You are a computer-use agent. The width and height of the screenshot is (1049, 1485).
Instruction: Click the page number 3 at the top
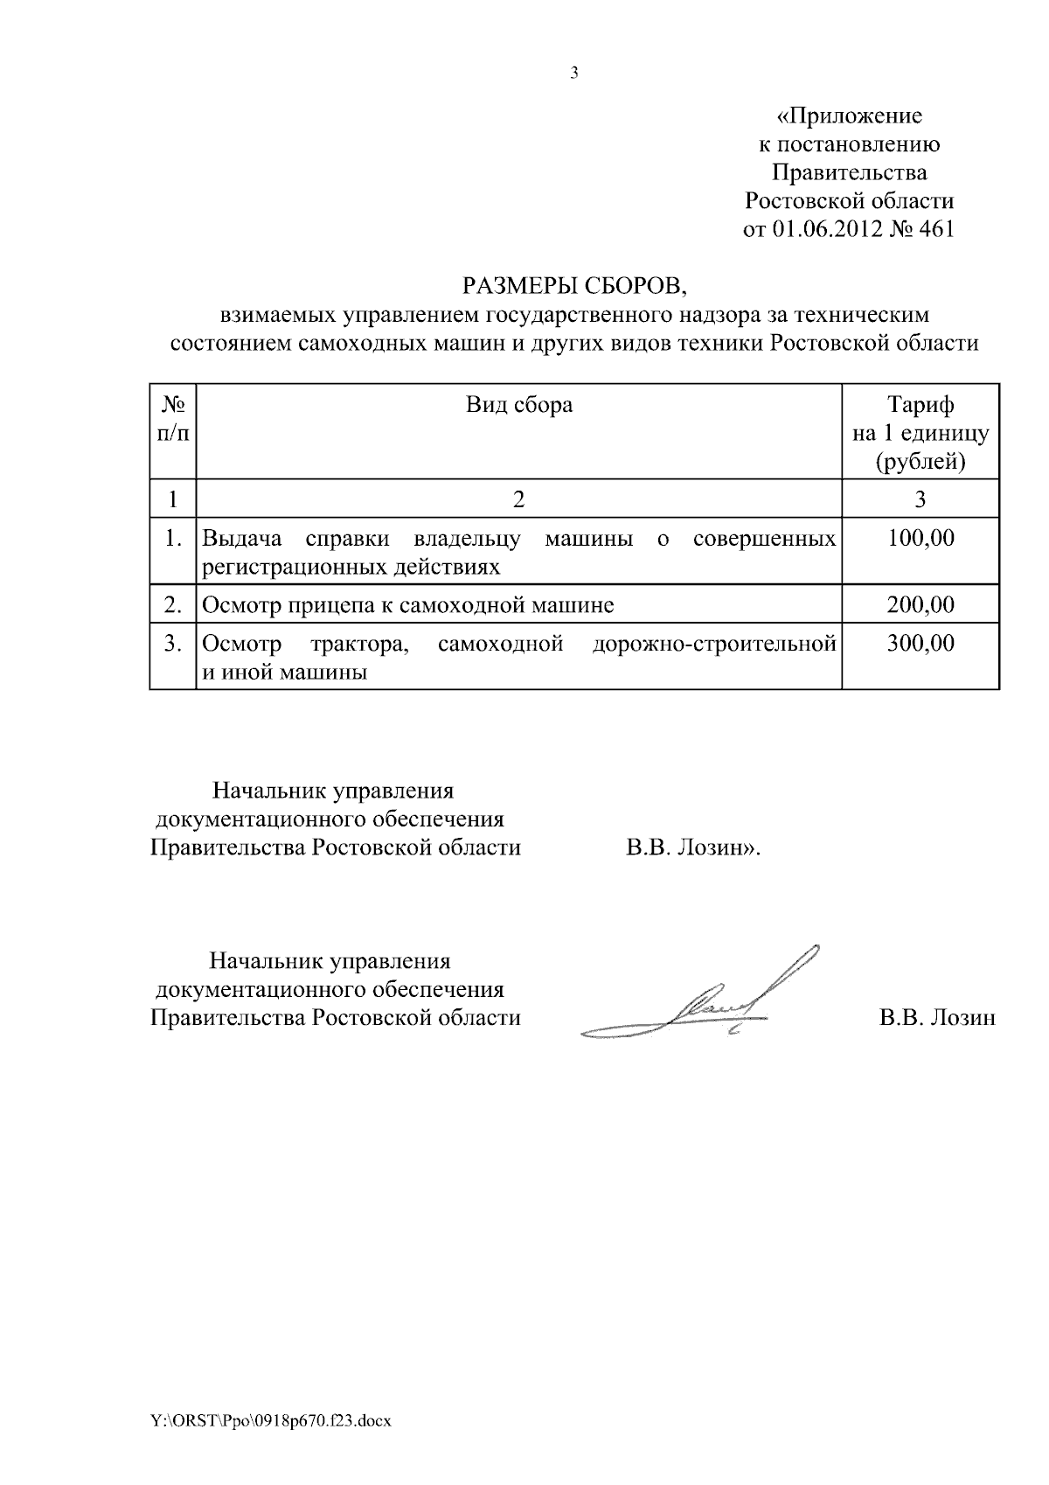pos(574,73)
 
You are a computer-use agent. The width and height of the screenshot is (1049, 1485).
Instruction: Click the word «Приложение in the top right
pos(849,115)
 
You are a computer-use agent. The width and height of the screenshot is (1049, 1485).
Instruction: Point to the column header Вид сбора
pos(518,404)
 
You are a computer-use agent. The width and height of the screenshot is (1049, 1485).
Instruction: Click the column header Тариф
pos(920,404)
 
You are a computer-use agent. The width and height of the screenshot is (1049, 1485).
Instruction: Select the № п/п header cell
pos(173,418)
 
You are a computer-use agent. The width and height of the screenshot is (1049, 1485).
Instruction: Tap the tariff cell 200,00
pos(920,604)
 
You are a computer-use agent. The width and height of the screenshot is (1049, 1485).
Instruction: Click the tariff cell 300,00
pos(920,645)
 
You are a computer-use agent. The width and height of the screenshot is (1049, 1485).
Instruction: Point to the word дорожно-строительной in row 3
pos(714,645)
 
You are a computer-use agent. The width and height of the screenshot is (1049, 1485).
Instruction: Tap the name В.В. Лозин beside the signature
pos(937,1018)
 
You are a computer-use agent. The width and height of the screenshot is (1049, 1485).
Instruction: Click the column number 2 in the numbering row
pos(518,499)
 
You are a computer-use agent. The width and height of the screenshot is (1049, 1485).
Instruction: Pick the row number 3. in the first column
pos(173,645)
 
